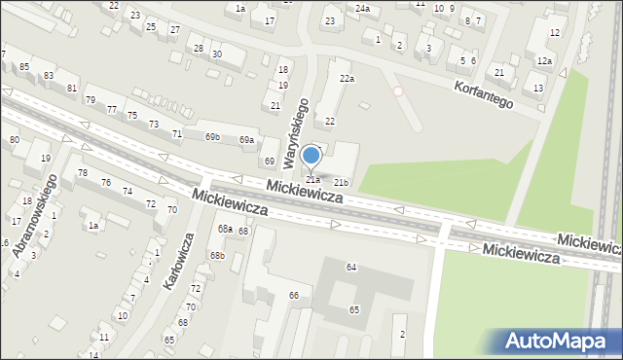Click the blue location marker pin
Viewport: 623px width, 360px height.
[x=311, y=156]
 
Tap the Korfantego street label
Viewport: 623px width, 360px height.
[x=483, y=93]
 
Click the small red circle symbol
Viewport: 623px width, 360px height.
[x=397, y=91]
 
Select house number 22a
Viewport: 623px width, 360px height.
[x=346, y=78]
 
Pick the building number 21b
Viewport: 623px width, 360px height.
[x=341, y=182]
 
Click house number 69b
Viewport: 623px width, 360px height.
[x=212, y=137]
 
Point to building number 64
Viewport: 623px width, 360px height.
[x=351, y=267]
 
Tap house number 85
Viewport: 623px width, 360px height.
[x=23, y=67]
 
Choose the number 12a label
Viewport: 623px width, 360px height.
[x=544, y=61]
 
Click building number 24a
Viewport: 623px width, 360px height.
[x=362, y=9]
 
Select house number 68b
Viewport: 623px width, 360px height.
[x=218, y=256]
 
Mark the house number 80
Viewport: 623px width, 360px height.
[x=14, y=140]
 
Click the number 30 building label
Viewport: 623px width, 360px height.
[x=216, y=54]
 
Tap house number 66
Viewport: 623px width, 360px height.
[x=293, y=295]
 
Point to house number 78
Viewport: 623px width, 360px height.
[x=83, y=173]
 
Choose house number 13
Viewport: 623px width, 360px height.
[x=538, y=89]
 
